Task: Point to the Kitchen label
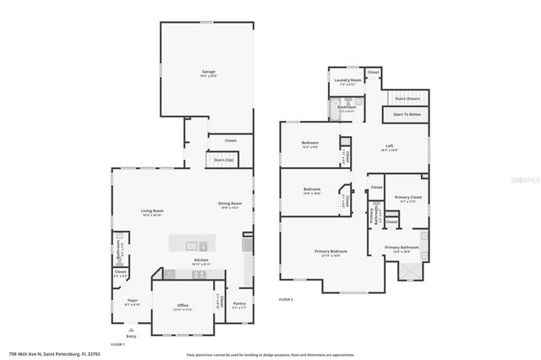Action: (201, 260)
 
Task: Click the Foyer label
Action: (133, 300)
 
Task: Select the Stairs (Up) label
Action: (224, 160)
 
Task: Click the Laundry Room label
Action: (350, 81)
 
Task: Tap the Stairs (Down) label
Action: (407, 98)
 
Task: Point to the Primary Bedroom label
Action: (332, 252)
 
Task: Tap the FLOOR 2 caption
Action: (287, 300)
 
